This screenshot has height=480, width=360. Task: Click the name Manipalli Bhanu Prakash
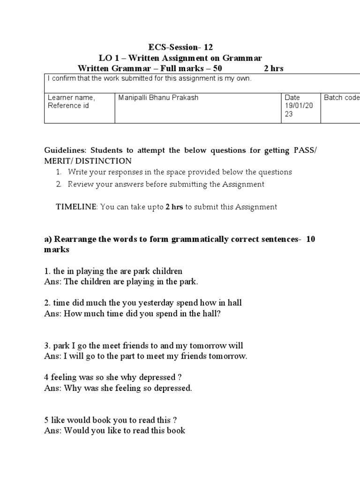click(x=159, y=97)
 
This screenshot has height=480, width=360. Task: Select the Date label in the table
click(x=292, y=97)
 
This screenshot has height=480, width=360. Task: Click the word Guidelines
click(x=66, y=150)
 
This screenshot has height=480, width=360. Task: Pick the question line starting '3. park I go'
click(x=144, y=346)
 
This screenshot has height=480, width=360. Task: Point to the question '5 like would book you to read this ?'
click(x=111, y=420)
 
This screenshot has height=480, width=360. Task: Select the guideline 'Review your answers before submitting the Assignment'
click(x=166, y=184)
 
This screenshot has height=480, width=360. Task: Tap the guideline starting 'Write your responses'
click(x=180, y=172)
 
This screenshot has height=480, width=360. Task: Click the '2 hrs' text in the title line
click(x=274, y=68)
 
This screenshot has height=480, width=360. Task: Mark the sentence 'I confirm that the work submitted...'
click(x=150, y=79)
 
